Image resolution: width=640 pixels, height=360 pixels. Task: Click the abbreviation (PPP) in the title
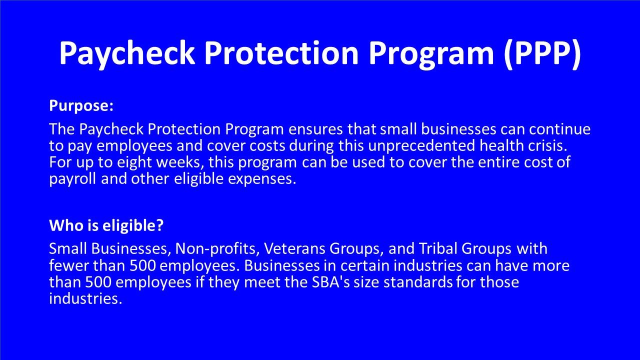(x=542, y=53)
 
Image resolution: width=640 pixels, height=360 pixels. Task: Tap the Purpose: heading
(x=81, y=106)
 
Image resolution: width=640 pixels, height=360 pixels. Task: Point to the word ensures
(x=315, y=129)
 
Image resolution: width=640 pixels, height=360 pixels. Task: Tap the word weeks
(x=180, y=163)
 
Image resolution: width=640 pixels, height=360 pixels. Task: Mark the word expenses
(x=262, y=179)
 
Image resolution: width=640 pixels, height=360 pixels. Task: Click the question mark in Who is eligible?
(x=160, y=225)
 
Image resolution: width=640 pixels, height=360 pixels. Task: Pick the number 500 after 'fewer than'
(x=143, y=265)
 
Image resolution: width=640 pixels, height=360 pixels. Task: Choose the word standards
(x=418, y=282)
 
